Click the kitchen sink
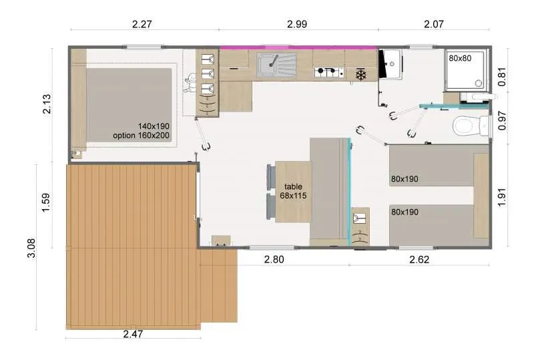[276, 65]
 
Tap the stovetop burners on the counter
[328, 71]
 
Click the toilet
[465, 126]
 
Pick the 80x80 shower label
[459, 58]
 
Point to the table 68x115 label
[294, 191]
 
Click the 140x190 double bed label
[154, 126]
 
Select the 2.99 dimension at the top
[297, 24]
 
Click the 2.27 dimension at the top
[143, 24]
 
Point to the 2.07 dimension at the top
[433, 24]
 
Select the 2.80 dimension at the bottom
[274, 260]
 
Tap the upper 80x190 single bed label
[406, 179]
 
